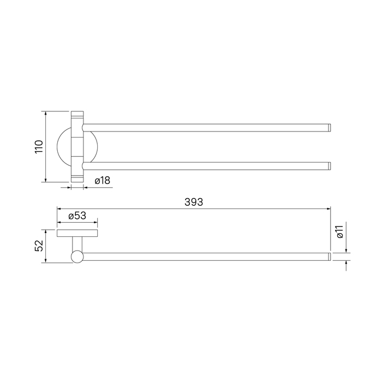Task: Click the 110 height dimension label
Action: (39, 146)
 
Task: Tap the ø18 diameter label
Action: (103, 181)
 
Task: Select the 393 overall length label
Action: (194, 202)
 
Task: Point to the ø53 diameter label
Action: (77, 216)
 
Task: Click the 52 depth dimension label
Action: (39, 246)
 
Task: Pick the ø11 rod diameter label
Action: (339, 232)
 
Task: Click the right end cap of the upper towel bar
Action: (329, 128)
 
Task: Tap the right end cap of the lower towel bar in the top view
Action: (329, 166)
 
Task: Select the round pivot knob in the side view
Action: (77, 257)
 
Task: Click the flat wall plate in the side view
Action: (77, 233)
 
